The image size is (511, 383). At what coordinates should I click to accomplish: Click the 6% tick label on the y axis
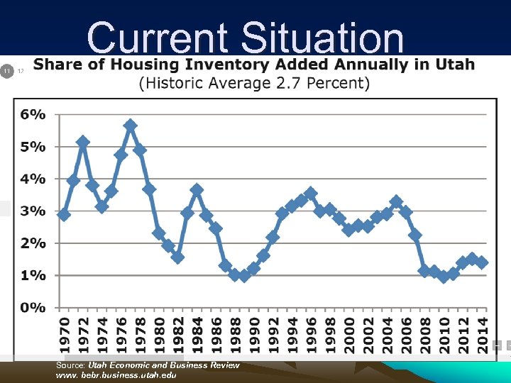[x=31, y=114]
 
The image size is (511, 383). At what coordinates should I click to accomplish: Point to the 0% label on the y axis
[x=31, y=308]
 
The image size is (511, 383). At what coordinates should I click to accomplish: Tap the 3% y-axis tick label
[x=31, y=211]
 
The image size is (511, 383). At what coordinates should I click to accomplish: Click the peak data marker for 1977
[x=130, y=126]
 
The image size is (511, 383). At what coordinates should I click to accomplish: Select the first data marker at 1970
[x=64, y=214]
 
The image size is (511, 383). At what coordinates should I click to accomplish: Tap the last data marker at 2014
[x=482, y=262]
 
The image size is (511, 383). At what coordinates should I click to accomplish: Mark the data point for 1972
[x=83, y=142]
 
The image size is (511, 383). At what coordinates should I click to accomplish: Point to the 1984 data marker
[x=197, y=190]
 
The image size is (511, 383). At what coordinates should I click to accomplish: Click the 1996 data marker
[x=311, y=193]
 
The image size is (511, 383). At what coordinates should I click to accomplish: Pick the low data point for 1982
[x=177, y=257]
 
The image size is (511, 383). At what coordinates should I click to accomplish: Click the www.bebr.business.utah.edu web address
[x=116, y=374]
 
